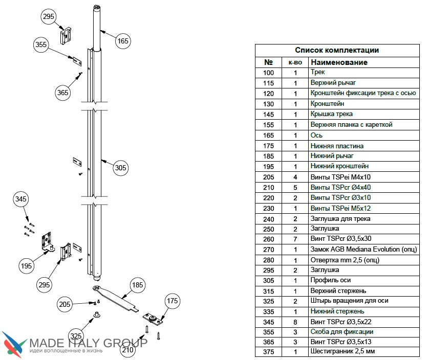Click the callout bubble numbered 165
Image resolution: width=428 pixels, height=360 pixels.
coord(123,41)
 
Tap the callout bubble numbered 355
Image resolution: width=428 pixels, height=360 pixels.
coord(41,44)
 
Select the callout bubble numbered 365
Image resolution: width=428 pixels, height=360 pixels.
coord(63,93)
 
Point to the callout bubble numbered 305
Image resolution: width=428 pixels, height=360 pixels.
coord(120,168)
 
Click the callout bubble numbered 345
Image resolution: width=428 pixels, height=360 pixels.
coord(21,198)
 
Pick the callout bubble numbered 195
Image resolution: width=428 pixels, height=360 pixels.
coord(27,265)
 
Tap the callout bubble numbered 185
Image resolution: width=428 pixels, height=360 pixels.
coord(136,285)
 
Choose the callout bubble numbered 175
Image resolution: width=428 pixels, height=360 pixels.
coord(171,302)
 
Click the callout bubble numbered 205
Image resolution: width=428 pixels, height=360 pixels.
coord(65,304)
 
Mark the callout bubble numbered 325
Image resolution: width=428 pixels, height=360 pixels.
coord(75,336)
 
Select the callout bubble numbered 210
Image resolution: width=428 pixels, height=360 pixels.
coord(128,351)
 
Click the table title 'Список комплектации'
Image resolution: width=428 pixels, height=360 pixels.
coord(336,50)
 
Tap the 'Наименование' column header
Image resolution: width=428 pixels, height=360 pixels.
coord(339,62)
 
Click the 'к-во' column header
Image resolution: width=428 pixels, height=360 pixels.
coord(295,62)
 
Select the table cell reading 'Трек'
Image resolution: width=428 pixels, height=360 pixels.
coord(318,72)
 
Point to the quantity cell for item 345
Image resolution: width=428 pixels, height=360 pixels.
coord(295,322)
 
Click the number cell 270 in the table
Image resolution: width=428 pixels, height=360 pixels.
coord(268,250)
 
